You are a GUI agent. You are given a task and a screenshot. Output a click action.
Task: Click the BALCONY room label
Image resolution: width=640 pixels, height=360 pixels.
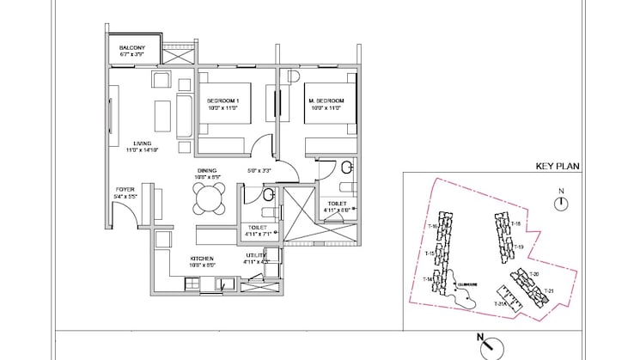pos(131,48)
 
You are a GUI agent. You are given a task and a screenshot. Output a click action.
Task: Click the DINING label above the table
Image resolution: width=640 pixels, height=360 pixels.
pos(206,171)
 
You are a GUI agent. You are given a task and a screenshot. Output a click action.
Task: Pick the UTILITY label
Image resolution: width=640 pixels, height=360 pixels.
pos(256,257)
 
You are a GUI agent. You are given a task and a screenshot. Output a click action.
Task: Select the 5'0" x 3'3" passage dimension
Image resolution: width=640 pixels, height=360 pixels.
pos(259,171)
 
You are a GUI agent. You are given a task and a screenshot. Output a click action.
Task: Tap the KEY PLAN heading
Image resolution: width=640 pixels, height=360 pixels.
pos(554,166)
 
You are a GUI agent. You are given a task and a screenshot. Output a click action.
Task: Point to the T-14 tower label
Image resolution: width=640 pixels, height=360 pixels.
pos(427,280)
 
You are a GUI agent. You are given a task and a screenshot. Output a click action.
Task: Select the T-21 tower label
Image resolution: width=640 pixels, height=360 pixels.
pos(551,290)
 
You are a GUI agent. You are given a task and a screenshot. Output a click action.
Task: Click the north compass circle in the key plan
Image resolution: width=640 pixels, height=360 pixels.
pos(560,203)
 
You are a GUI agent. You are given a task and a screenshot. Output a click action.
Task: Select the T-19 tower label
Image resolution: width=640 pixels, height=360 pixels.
pos(518,247)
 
